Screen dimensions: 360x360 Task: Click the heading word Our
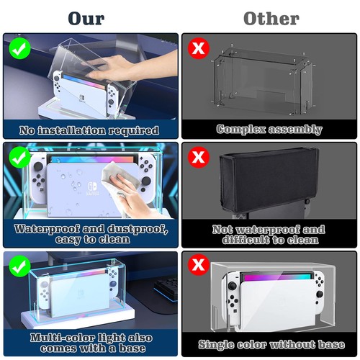[88, 17]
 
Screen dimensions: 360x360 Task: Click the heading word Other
[270, 17]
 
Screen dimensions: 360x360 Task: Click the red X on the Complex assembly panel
[197, 49]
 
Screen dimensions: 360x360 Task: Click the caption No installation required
[90, 130]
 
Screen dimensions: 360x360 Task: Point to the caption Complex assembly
[269, 130]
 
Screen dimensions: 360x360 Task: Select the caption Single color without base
[269, 344]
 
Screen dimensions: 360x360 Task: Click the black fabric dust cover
[266, 180]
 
